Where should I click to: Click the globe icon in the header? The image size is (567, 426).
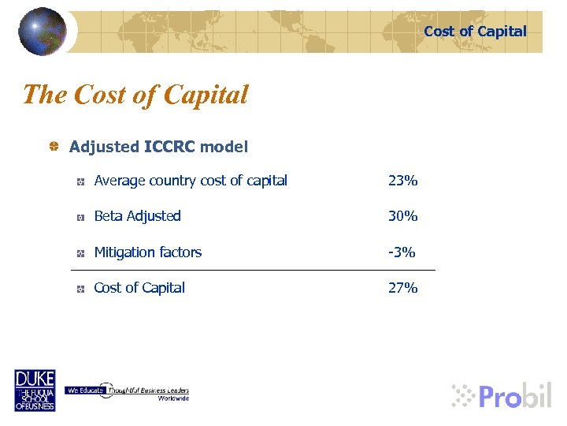click(x=43, y=32)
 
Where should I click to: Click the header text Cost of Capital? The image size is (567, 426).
click(x=475, y=32)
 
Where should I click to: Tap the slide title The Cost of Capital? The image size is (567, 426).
click(x=135, y=95)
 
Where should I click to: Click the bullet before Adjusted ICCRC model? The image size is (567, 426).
click(x=54, y=147)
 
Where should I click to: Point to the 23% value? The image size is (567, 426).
click(x=402, y=181)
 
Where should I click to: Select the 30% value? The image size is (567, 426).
click(x=402, y=216)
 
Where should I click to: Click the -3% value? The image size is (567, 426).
click(x=402, y=252)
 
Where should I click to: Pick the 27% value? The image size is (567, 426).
click(x=402, y=288)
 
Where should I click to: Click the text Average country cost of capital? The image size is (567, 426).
click(x=191, y=181)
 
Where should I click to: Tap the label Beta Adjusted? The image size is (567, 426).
click(x=137, y=216)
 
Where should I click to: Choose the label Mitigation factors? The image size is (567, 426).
click(x=147, y=252)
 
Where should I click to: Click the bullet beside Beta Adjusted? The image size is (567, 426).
click(x=81, y=217)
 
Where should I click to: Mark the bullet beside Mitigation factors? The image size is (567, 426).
click(x=81, y=253)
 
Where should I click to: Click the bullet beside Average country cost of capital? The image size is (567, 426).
click(x=81, y=181)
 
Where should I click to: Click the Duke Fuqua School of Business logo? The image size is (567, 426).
click(x=35, y=390)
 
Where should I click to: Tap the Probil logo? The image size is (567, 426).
click(x=502, y=394)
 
